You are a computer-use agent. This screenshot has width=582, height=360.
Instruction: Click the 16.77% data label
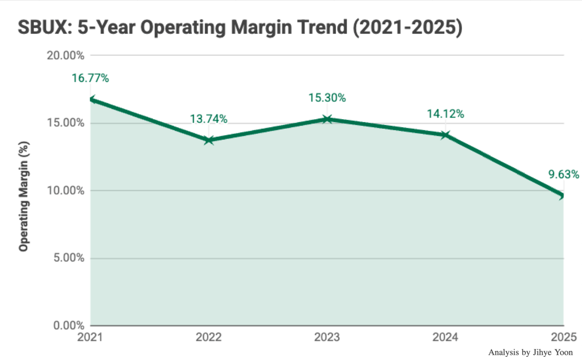(90, 78)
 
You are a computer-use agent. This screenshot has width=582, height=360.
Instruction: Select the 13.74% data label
(209, 119)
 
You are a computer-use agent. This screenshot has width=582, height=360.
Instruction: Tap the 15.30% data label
(327, 98)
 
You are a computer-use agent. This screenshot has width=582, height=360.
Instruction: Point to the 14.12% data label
(445, 114)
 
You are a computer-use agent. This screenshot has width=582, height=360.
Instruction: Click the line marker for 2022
(209, 140)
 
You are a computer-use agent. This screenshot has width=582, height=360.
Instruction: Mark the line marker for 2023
(327, 119)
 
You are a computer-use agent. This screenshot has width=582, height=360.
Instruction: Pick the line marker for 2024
(445, 135)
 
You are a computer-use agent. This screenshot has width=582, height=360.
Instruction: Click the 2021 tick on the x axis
(90, 336)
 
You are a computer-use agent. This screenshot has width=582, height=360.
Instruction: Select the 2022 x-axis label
(209, 336)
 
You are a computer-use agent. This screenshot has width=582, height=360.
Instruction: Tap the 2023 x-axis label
(327, 336)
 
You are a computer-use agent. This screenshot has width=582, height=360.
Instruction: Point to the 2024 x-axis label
(445, 336)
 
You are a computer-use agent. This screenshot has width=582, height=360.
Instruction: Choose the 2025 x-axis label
(564, 336)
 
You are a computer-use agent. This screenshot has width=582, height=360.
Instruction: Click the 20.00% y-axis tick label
(66, 56)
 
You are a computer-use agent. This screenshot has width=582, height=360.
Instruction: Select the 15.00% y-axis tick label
(66, 123)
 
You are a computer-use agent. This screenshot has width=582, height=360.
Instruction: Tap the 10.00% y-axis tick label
(66, 191)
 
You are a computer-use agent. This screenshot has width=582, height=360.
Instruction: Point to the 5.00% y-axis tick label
(68, 258)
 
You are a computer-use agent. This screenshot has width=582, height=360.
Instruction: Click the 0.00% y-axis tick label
(68, 326)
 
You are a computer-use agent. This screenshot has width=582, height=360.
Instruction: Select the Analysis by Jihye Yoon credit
(530, 352)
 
